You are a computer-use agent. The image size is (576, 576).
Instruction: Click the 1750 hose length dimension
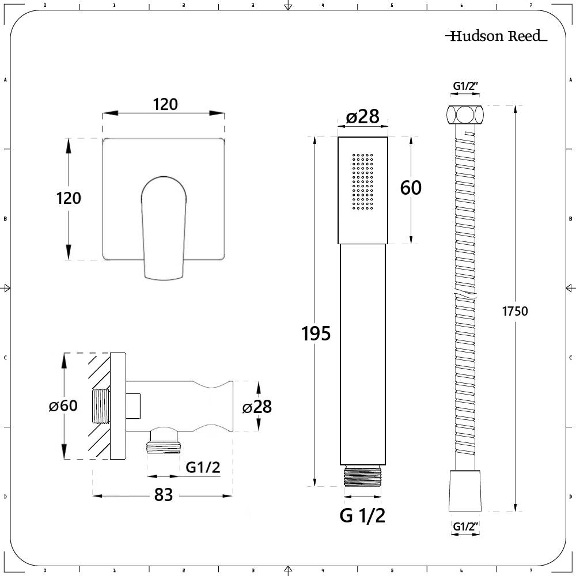pyautogui.click(x=515, y=311)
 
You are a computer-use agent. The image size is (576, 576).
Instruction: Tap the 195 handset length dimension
pyautogui.click(x=316, y=333)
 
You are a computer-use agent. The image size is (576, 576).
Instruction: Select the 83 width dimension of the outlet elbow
pyautogui.click(x=164, y=495)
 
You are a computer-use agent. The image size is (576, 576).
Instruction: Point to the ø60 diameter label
pyautogui.click(x=63, y=406)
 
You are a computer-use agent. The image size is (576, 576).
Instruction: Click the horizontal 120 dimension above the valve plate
pyautogui.click(x=165, y=104)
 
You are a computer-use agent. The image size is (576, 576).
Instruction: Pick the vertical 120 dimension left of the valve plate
pyautogui.click(x=69, y=198)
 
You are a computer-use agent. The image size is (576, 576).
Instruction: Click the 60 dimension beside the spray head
pyautogui.click(x=411, y=188)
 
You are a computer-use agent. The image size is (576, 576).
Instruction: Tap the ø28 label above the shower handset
pyautogui.click(x=362, y=117)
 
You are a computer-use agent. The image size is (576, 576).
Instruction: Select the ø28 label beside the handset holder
pyautogui.click(x=256, y=407)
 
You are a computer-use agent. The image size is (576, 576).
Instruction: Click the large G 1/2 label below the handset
pyautogui.click(x=362, y=516)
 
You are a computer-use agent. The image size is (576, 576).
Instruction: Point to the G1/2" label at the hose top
pyautogui.click(x=466, y=86)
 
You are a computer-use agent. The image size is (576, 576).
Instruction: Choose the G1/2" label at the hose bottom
pyautogui.click(x=466, y=526)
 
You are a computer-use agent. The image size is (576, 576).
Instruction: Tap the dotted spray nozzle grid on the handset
pyautogui.click(x=363, y=181)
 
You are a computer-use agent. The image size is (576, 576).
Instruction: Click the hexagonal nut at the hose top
pyautogui.click(x=464, y=115)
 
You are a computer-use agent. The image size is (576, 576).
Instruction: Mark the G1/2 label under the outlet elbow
pyautogui.click(x=203, y=468)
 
